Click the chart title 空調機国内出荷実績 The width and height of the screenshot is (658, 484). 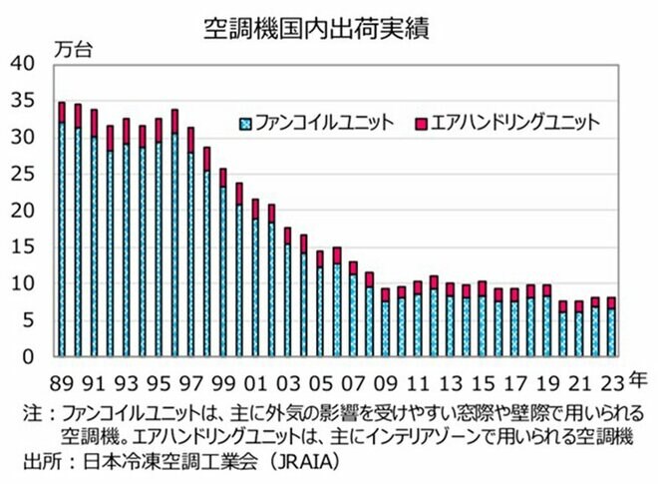pos(329,27)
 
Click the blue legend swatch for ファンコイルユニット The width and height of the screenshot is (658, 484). pos(246,124)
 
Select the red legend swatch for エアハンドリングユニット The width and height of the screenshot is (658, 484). pos(421,124)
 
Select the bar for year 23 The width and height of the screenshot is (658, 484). pos(611,329)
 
